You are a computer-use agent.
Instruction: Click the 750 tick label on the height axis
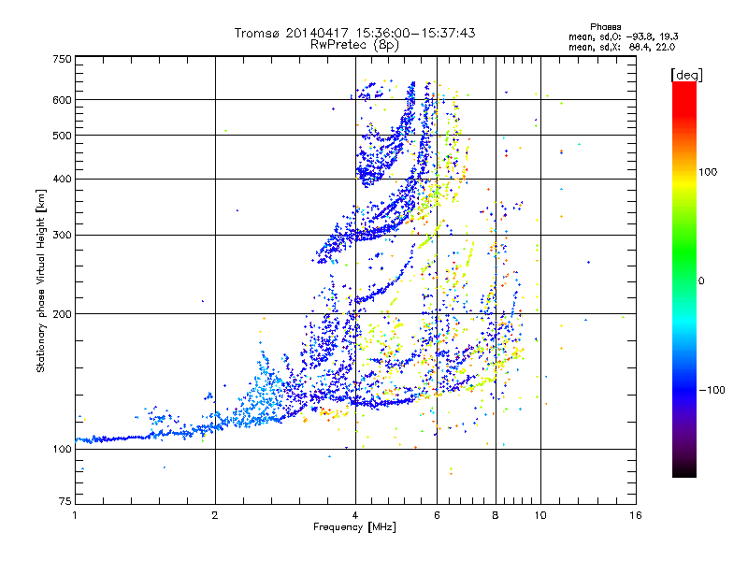point(62,59)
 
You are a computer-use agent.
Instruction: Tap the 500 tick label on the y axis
point(62,135)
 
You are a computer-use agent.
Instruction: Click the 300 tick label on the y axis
point(62,235)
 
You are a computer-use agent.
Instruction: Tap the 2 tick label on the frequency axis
point(215,515)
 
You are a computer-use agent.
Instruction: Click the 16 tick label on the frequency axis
point(635,515)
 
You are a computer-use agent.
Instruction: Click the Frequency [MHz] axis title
point(354,527)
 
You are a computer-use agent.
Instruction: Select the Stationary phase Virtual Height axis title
point(41,280)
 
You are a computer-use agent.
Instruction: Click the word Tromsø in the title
point(254,33)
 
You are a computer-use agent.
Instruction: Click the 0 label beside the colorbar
point(700,280)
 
